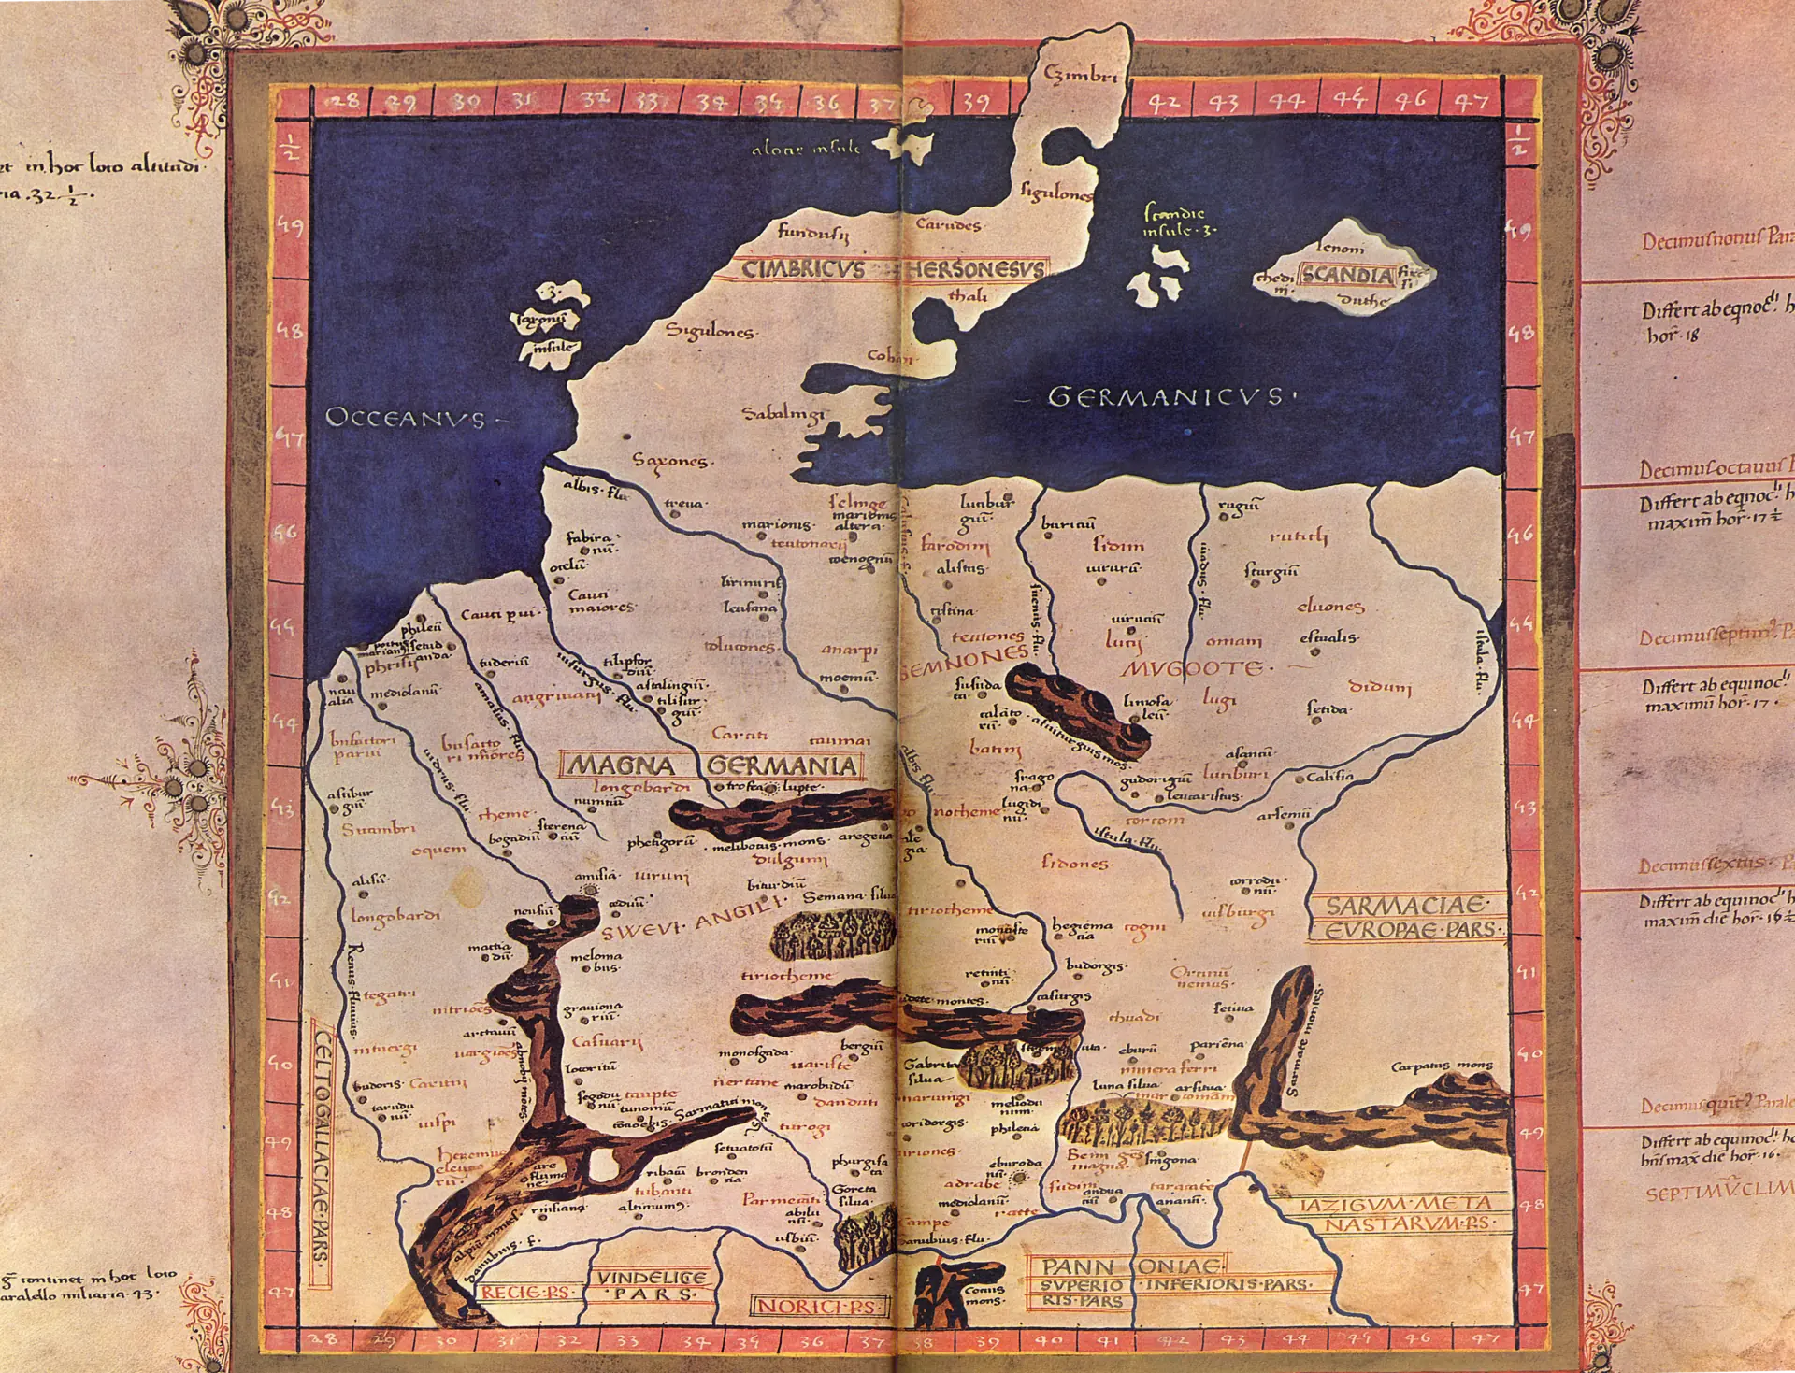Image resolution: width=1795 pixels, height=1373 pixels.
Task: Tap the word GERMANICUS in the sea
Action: point(1165,397)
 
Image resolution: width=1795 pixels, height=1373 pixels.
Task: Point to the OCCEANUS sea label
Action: point(407,418)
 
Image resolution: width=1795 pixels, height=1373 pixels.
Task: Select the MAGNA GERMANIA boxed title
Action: point(711,766)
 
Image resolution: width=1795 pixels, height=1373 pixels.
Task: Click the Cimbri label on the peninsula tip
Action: point(1080,75)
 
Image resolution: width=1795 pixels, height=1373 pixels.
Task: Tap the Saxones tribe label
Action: point(670,461)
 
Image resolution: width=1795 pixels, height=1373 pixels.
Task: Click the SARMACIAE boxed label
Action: point(1405,906)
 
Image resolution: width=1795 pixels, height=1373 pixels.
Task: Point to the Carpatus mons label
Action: point(1442,1066)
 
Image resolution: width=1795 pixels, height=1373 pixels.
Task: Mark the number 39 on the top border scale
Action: point(975,101)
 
